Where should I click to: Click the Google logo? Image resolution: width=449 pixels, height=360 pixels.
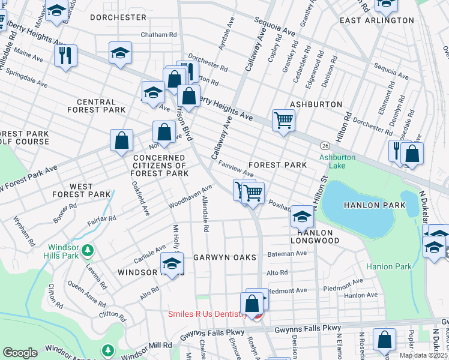(x=20, y=352)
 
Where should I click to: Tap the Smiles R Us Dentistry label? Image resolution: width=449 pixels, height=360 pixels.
(x=208, y=314)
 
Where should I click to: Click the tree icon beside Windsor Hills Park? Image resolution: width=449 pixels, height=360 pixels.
(x=88, y=249)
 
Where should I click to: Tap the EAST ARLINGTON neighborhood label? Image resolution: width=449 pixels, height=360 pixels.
(x=376, y=20)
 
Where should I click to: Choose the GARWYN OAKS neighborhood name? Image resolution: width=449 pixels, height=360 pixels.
(x=224, y=257)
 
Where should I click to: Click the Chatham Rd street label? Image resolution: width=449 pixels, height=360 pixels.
(x=158, y=35)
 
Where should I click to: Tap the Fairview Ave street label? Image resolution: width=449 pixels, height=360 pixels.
(x=236, y=168)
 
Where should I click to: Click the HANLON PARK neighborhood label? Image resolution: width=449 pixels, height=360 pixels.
(x=374, y=205)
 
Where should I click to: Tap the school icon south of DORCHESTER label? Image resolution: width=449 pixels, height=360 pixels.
(x=120, y=52)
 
